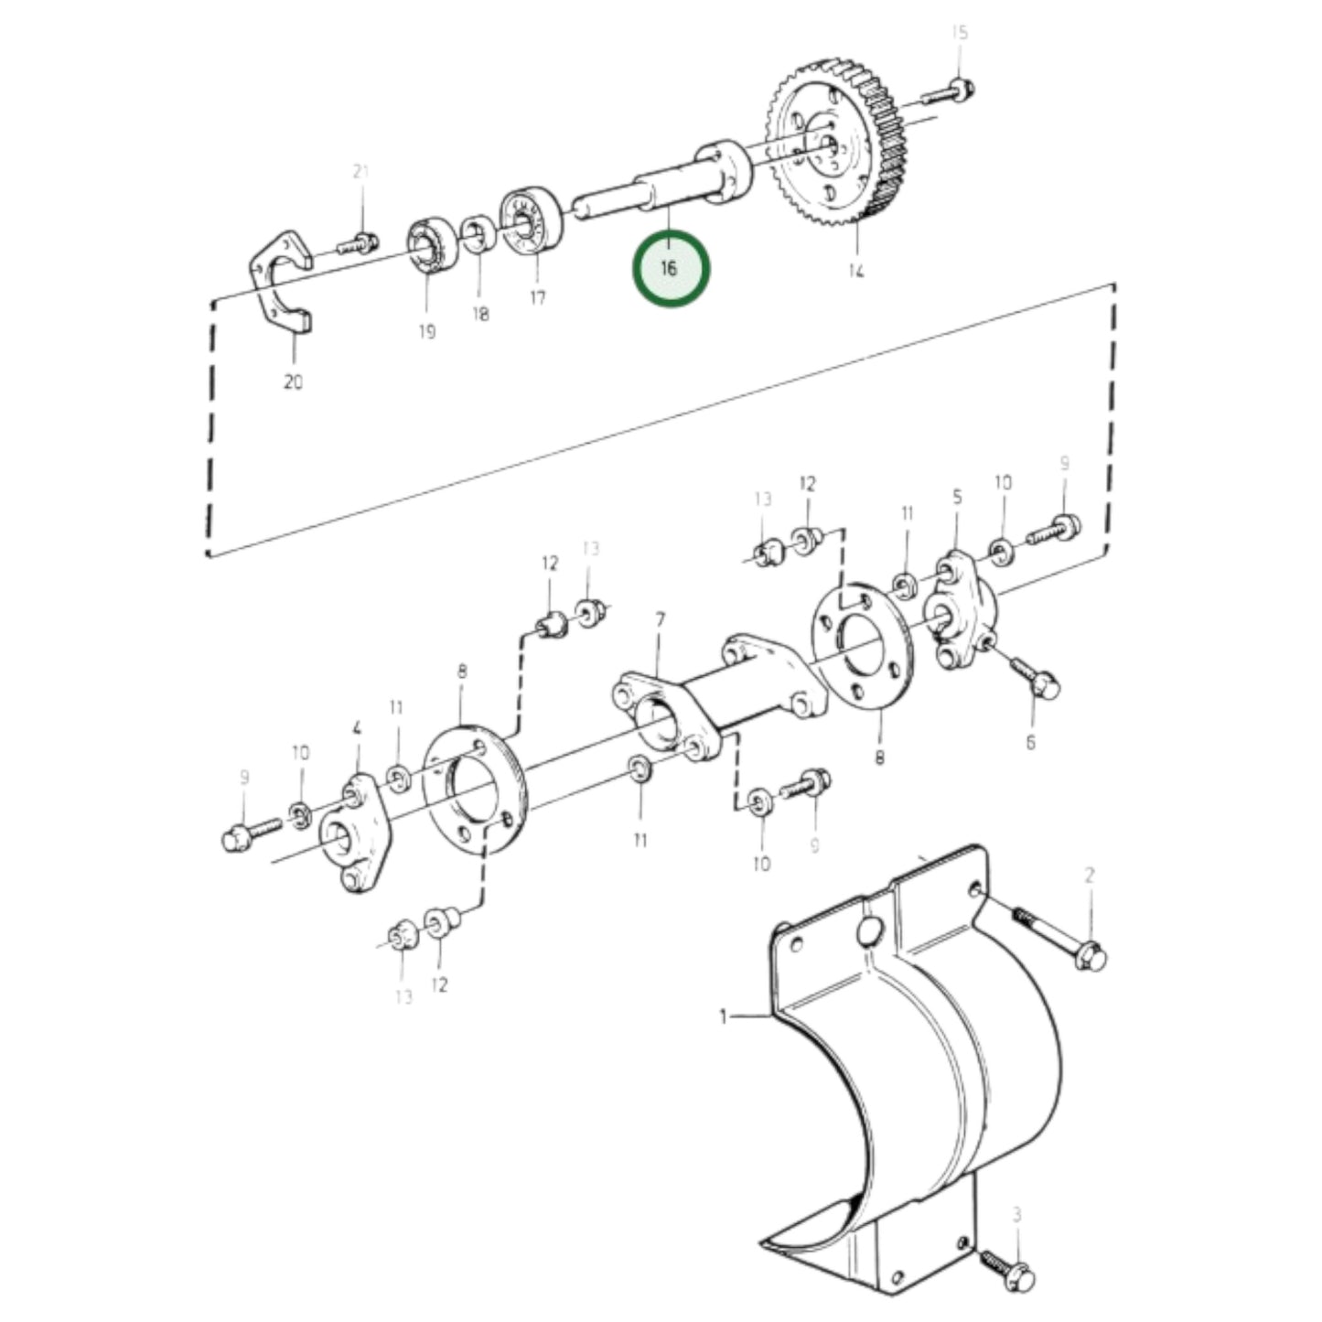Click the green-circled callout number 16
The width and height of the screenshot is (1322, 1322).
click(671, 269)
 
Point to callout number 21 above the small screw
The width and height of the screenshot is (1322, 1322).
click(360, 172)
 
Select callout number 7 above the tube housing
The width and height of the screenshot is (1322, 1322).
click(660, 620)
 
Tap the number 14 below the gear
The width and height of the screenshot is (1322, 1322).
click(855, 271)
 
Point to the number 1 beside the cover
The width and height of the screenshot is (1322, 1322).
click(724, 1016)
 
